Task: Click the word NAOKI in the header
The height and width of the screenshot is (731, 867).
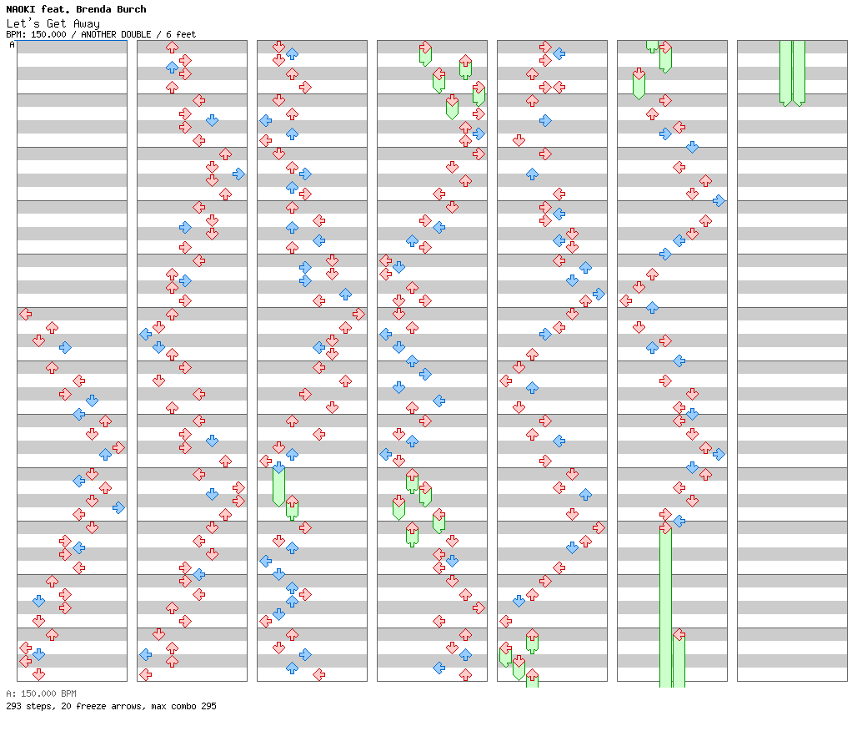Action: click(x=22, y=9)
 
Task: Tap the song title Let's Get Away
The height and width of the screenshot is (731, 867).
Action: click(x=53, y=23)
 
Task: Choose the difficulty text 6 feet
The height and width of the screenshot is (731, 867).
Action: click(x=181, y=34)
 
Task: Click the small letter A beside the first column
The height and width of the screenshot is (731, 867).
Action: click(x=12, y=45)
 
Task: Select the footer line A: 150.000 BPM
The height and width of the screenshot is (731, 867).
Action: click(x=41, y=693)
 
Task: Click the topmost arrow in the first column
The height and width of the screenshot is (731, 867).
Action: click(x=25, y=314)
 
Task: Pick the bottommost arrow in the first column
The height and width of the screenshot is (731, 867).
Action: click(x=38, y=674)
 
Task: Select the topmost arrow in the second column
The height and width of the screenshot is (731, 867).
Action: click(x=172, y=47)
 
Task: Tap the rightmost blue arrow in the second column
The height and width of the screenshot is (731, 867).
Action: click(x=238, y=174)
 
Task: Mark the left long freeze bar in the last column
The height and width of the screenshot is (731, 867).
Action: click(x=785, y=72)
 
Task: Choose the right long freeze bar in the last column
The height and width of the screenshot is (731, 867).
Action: click(x=799, y=72)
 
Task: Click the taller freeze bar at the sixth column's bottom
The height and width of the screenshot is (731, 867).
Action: click(x=665, y=605)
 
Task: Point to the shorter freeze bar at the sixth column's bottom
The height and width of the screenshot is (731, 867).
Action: click(x=679, y=659)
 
